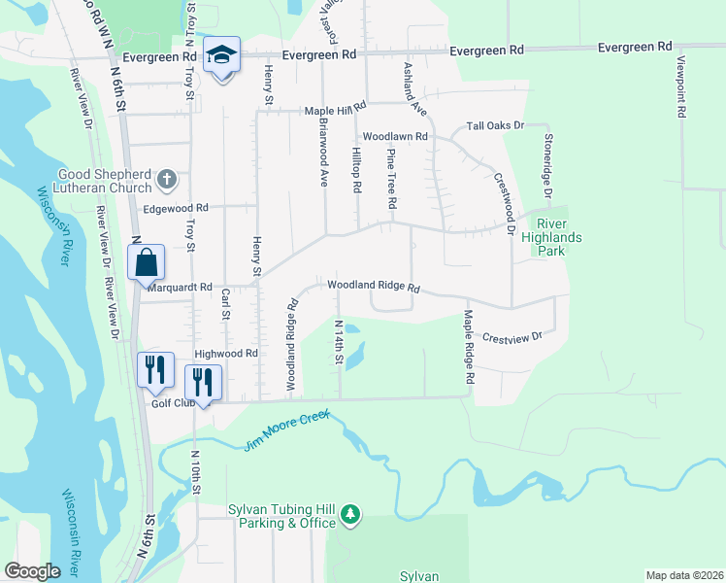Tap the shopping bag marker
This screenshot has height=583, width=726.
click(145, 261)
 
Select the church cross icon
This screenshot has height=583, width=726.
click(167, 179)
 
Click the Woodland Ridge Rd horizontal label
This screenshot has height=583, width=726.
click(373, 288)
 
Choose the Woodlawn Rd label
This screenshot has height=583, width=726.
click(395, 137)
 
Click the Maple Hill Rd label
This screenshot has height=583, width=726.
click(335, 110)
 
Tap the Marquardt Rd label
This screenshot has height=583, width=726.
click(180, 288)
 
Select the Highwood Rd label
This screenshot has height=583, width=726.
click(225, 355)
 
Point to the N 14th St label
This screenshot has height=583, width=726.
click(339, 344)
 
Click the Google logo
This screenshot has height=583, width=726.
click(33, 571)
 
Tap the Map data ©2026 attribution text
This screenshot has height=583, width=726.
click(684, 575)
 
